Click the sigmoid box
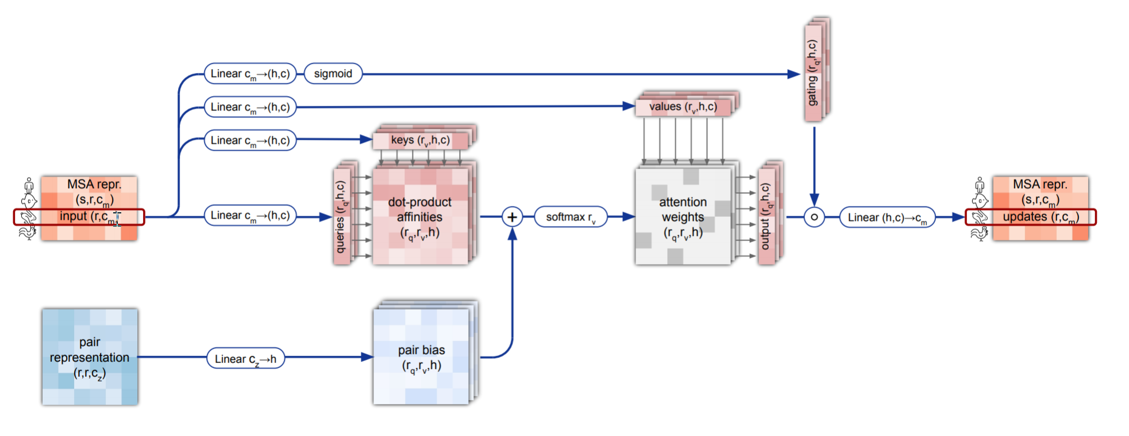click(333, 74)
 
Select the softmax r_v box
click(571, 217)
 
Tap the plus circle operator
click(512, 217)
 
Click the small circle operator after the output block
click(814, 217)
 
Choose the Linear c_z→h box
click(245, 358)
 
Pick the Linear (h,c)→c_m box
click(887, 217)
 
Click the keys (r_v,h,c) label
click(420, 140)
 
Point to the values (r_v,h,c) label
click(683, 107)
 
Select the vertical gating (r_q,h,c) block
click(812, 72)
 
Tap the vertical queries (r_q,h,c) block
click(341, 216)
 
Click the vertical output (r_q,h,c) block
click(765, 216)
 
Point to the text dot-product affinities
click(420, 209)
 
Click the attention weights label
click(683, 209)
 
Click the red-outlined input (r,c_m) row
click(79, 217)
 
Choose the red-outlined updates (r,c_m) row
click(1030, 217)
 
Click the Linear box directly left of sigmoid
click(250, 74)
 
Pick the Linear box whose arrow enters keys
click(250, 140)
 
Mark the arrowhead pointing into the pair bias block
click(368, 357)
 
